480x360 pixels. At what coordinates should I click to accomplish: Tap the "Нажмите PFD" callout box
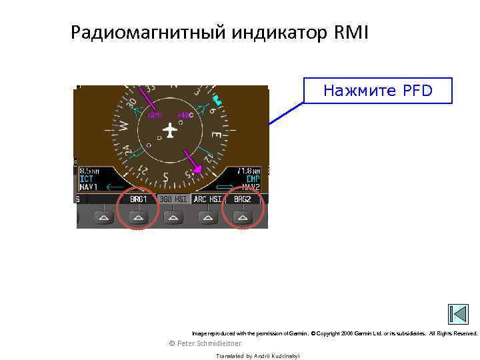pyautogui.click(x=377, y=91)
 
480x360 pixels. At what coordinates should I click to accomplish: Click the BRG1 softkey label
pyautogui.click(x=139, y=199)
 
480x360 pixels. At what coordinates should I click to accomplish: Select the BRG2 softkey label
pyautogui.click(x=242, y=199)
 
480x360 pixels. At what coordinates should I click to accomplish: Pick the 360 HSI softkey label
pyautogui.click(x=173, y=199)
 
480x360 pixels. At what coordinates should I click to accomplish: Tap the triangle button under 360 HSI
pyautogui.click(x=173, y=217)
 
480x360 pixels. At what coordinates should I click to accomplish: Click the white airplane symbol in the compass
pyautogui.click(x=171, y=131)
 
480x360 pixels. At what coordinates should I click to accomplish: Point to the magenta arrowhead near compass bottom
pyautogui.click(x=197, y=171)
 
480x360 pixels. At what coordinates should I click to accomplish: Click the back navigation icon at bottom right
pyautogui.click(x=459, y=314)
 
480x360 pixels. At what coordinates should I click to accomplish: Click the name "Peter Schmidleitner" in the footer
pyautogui.click(x=209, y=343)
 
